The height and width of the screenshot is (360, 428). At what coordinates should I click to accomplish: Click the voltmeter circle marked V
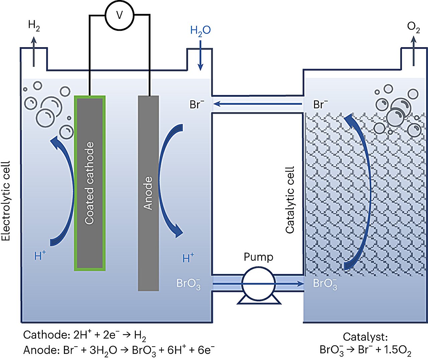119,15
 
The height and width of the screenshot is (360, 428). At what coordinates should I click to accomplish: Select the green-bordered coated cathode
90,183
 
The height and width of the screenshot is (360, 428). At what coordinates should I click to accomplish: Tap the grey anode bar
148,193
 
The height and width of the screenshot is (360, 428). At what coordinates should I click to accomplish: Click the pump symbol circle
258,284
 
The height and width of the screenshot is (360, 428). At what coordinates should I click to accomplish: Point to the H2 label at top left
34,25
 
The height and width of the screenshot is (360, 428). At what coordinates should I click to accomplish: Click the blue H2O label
200,31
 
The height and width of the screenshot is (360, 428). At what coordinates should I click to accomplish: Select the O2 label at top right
413,27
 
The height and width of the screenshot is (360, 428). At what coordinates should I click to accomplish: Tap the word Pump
258,257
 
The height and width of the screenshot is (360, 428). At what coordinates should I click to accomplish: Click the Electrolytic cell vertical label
6,201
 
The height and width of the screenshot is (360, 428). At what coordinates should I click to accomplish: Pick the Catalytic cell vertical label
290,199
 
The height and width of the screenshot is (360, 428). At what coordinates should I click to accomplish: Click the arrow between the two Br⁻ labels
257,104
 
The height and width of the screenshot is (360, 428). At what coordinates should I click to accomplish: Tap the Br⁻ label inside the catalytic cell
320,105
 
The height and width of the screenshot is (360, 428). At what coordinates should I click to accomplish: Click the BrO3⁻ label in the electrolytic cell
188,284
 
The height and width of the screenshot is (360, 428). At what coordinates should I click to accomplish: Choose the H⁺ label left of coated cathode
40,256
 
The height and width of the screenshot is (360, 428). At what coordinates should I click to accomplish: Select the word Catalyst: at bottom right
365,337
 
